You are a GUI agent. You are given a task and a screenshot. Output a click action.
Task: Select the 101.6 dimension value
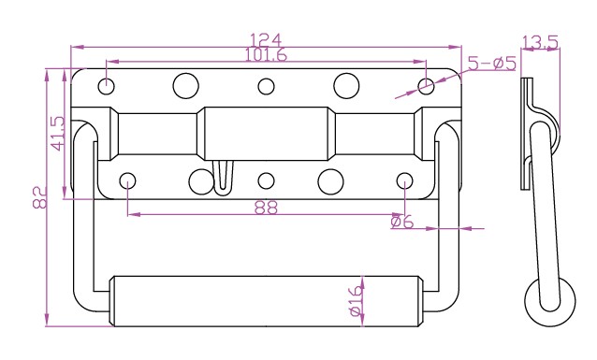[x=266, y=54]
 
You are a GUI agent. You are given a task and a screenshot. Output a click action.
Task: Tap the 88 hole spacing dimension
[x=266, y=208]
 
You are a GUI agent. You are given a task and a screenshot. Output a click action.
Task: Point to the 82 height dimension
[x=39, y=197]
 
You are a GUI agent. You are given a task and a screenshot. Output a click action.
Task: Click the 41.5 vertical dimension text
[x=58, y=133]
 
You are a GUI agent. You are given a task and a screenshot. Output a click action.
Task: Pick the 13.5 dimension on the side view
[x=540, y=42]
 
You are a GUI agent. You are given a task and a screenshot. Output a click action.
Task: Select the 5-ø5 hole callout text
[x=491, y=64]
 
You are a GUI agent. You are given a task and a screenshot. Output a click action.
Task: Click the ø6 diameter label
[x=401, y=222]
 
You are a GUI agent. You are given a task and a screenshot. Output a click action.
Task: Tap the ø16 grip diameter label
[x=356, y=301]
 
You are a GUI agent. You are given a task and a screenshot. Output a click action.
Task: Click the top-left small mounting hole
[x=107, y=86]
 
